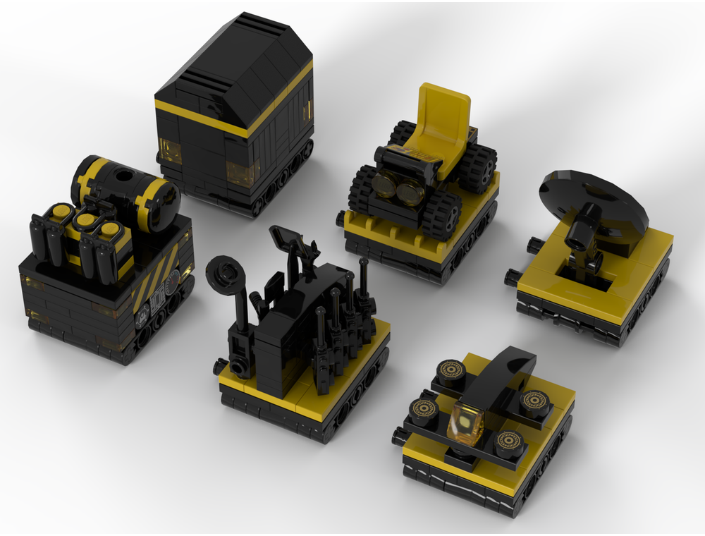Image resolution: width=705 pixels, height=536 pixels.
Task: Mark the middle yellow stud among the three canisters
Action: point(85,220)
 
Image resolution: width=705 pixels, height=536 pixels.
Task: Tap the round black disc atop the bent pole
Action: point(226,272)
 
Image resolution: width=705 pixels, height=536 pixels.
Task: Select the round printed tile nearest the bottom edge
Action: point(508,444)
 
